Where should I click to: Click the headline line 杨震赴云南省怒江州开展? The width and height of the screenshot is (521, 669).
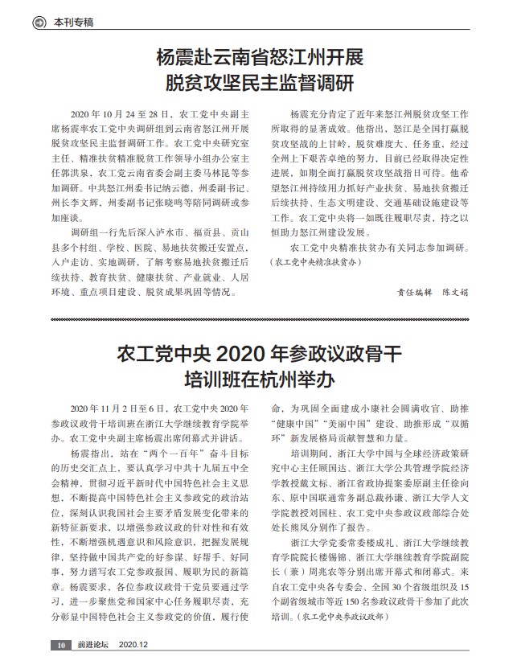point(260,58)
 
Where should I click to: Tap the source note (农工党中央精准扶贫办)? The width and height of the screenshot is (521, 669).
point(315,262)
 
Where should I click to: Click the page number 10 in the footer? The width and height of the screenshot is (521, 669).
point(60,645)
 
